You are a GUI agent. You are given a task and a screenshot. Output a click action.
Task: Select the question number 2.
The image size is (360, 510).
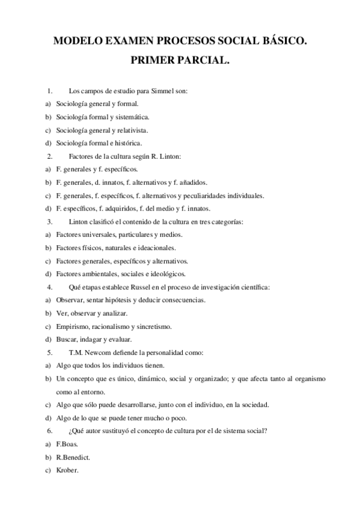[49, 156]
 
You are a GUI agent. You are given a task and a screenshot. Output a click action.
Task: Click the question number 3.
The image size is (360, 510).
[49, 222]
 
